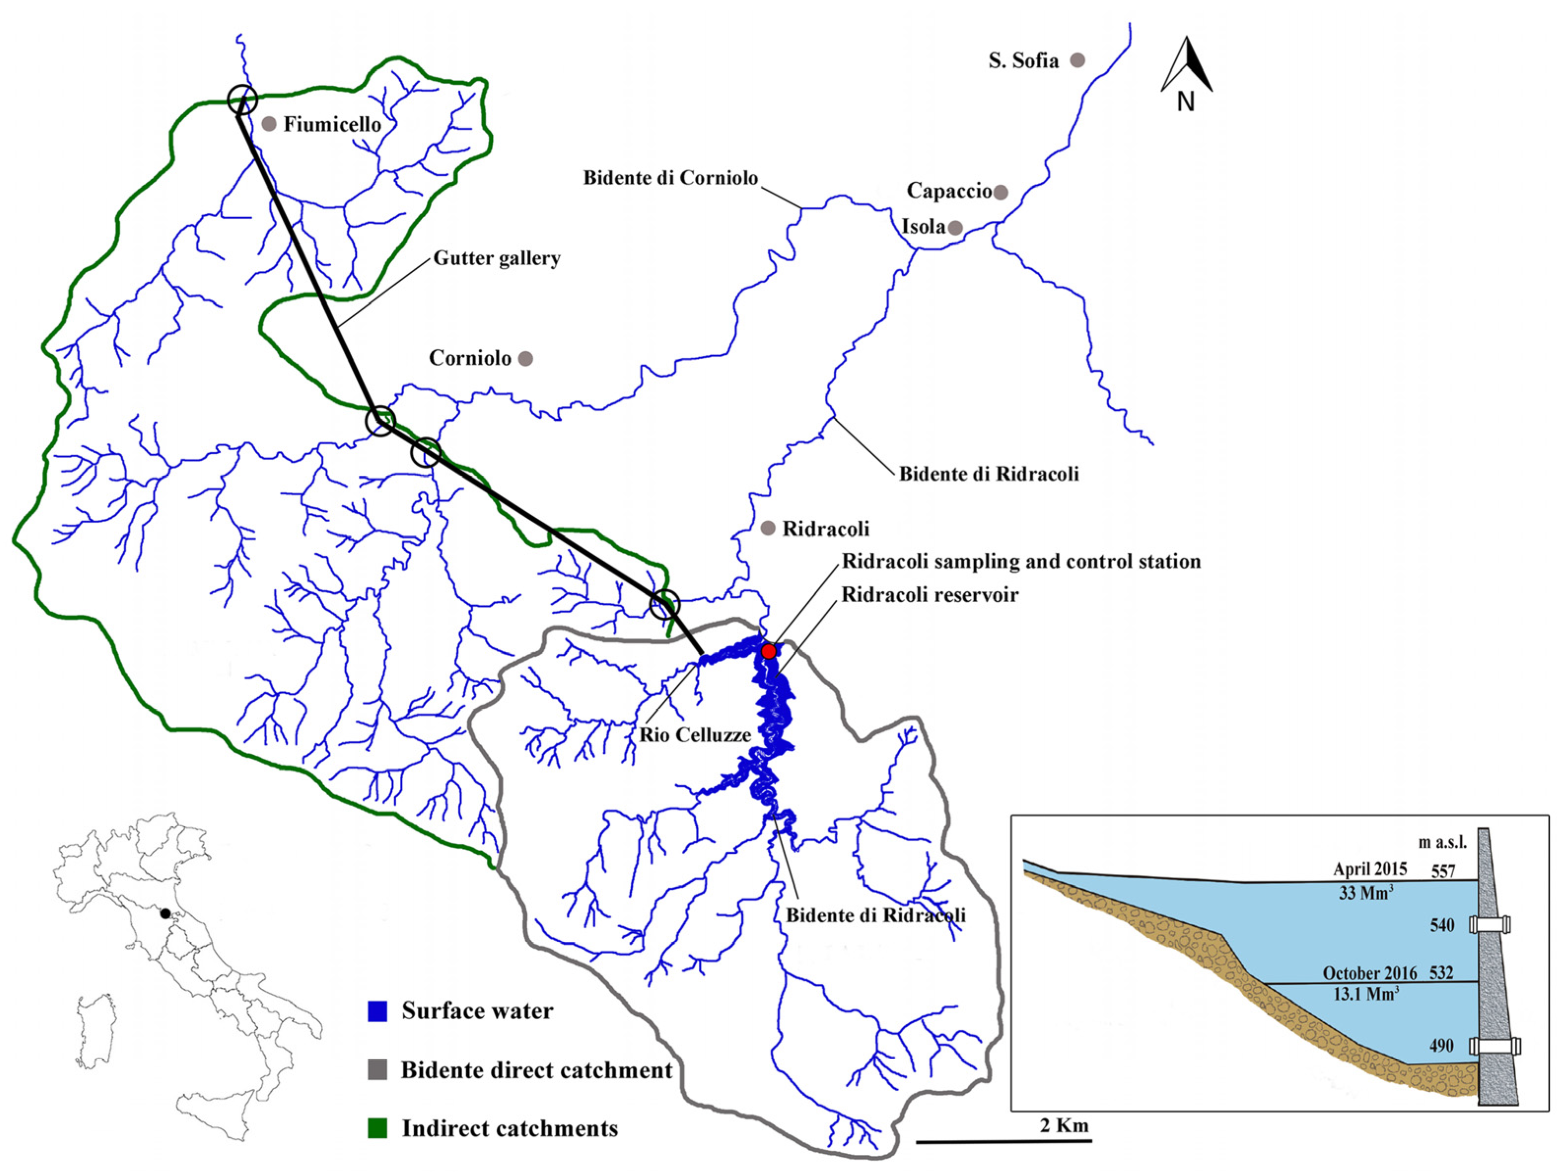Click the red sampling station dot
click(769, 651)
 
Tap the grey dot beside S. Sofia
click(1078, 60)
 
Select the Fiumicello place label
click(332, 125)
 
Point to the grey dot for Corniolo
click(526, 358)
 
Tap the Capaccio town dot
click(1000, 191)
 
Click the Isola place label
click(922, 227)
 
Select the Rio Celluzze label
click(695, 735)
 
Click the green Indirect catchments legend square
click(377, 1128)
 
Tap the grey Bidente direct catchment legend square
click(377, 1070)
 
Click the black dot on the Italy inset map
click(165, 913)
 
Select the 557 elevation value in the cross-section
click(1442, 871)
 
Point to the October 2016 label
click(1369, 973)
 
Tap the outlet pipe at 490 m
click(1494, 1046)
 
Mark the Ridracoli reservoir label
click(929, 594)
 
